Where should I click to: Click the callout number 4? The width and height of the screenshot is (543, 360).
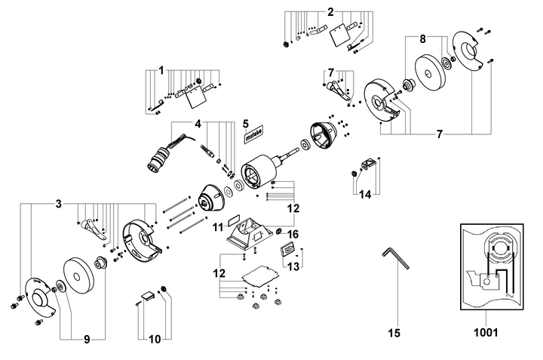[x=198, y=124]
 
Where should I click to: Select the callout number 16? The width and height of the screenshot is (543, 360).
[x=294, y=234]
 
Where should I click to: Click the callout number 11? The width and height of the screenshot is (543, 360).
[x=218, y=226]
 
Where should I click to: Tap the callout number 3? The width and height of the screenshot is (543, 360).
[x=58, y=205]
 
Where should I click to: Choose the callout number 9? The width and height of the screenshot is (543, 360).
[x=86, y=340]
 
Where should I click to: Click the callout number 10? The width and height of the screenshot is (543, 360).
[x=155, y=340]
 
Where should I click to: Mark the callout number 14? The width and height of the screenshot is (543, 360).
[x=365, y=194]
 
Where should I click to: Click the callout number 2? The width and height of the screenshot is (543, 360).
[x=330, y=11]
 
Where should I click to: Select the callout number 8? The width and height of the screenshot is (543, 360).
[x=422, y=38]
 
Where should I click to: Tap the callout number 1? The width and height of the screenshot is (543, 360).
[x=160, y=70]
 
